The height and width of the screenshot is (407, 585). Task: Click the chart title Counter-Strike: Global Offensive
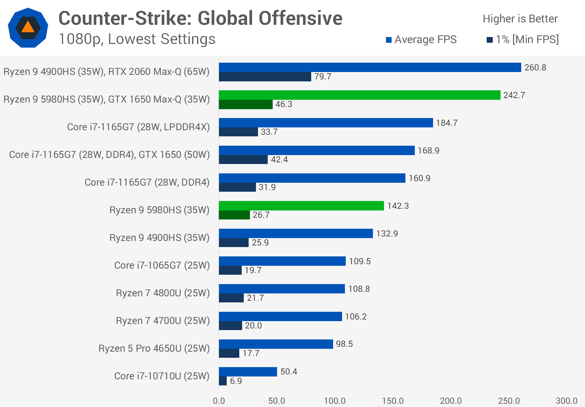(x=200, y=18)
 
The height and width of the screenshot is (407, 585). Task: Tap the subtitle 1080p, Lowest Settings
(x=137, y=39)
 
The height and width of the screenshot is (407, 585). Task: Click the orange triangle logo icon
(x=28, y=27)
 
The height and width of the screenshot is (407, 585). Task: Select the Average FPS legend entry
(x=421, y=39)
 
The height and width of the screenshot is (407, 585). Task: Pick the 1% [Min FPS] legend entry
(x=523, y=39)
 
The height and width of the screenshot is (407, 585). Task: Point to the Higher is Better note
(x=520, y=19)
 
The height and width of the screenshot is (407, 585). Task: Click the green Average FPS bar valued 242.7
(x=360, y=95)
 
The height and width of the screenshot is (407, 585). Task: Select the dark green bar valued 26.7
(x=234, y=215)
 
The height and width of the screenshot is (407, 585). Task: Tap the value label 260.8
(x=535, y=68)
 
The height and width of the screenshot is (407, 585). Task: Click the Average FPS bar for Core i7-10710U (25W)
(x=248, y=372)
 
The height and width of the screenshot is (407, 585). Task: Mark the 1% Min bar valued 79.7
(x=265, y=77)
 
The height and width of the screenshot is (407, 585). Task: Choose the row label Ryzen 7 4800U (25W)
(x=162, y=293)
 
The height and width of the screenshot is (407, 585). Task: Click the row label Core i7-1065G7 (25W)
(x=162, y=265)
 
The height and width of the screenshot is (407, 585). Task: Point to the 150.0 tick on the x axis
(x=393, y=401)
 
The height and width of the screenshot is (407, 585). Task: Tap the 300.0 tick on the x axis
(x=566, y=401)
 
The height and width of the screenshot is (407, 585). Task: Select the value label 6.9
(x=236, y=381)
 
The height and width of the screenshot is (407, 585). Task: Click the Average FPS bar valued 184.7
(x=326, y=123)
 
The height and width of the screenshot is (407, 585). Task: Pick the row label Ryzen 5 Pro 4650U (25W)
(x=154, y=348)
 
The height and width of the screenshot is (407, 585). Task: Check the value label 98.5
(x=344, y=344)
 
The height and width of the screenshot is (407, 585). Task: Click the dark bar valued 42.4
(x=243, y=160)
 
